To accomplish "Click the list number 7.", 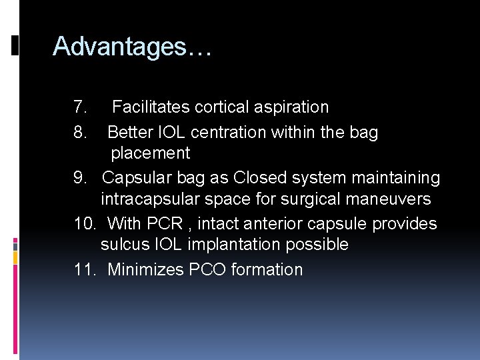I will click(80, 107).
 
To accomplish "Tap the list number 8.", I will click(80, 133).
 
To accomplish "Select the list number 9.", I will click(80, 179).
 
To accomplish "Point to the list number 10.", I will click(83, 224).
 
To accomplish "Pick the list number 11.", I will click(83, 270).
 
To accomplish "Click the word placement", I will click(150, 153).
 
